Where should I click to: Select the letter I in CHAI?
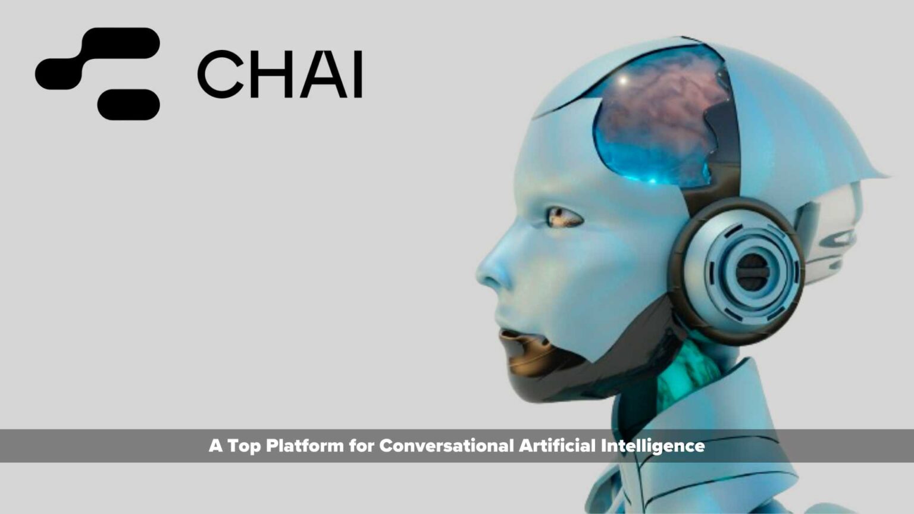point(357,74)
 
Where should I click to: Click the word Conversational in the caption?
point(446,446)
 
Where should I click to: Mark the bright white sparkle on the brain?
point(624,80)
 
